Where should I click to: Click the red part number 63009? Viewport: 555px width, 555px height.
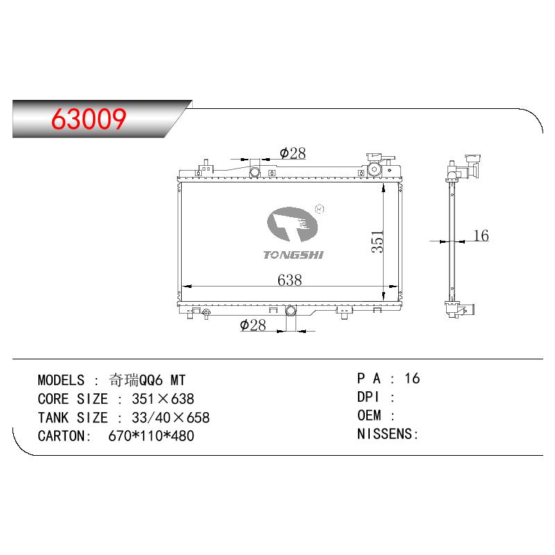89,119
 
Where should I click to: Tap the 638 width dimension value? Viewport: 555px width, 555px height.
289,280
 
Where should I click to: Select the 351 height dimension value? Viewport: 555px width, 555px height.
377,241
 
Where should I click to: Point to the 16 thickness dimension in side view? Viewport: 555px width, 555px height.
481,235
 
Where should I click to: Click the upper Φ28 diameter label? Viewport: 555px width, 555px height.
292,153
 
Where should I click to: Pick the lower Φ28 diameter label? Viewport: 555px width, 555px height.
253,325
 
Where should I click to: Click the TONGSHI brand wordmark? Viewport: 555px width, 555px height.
293,255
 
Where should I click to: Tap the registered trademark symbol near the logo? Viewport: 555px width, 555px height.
319,210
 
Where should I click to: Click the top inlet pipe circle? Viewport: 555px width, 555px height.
255,172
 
